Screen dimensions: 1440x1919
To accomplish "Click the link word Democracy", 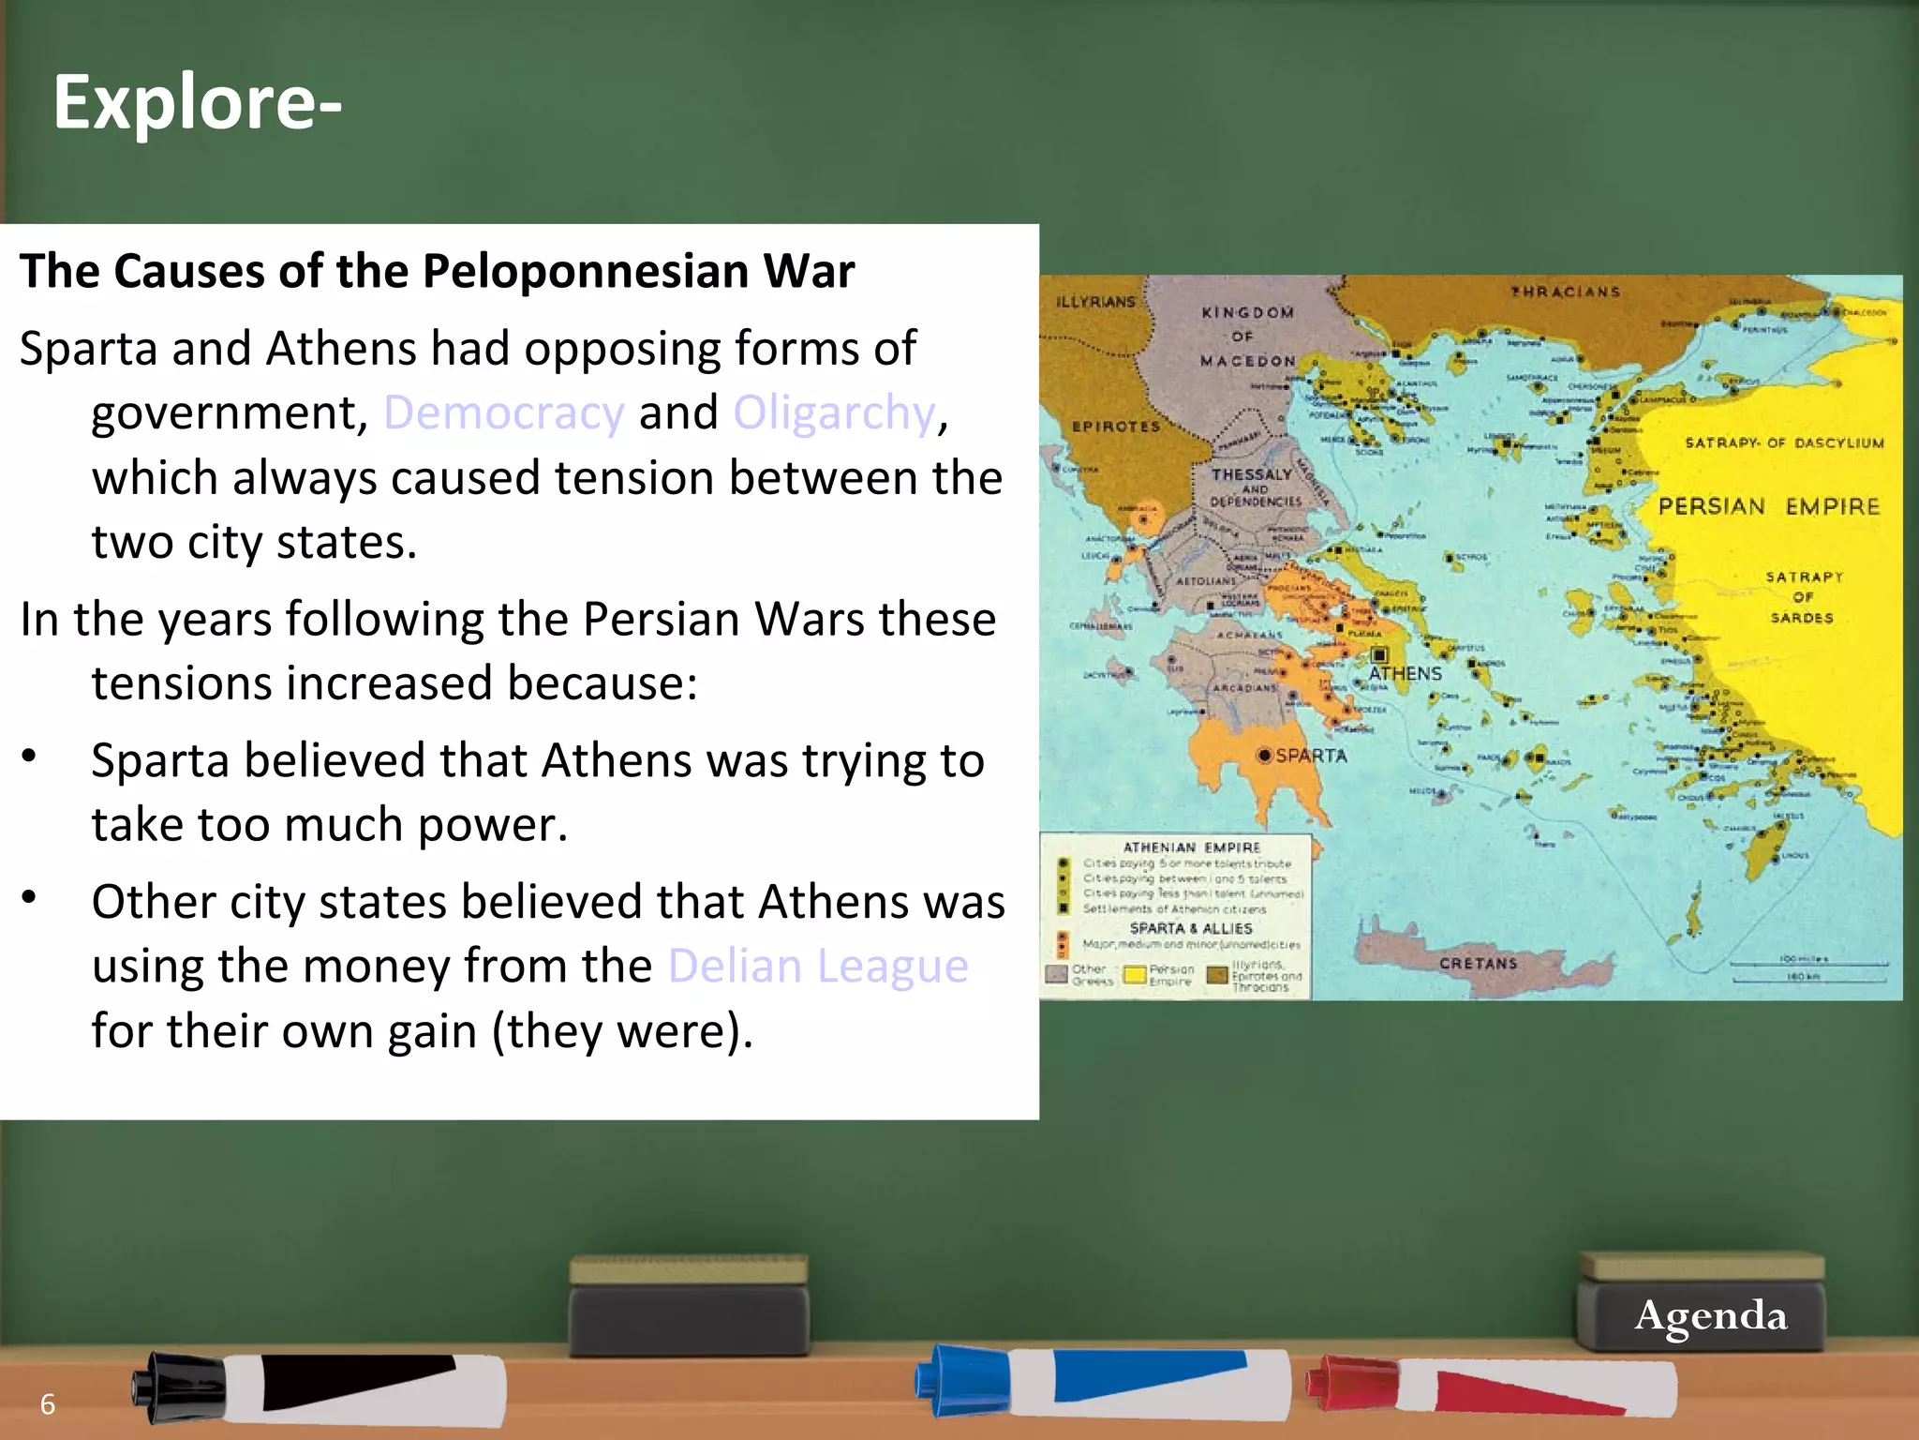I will [504, 412].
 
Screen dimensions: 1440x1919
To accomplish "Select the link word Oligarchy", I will [834, 412].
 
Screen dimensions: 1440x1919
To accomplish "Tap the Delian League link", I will [818, 966].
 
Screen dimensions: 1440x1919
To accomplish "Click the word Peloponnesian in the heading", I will [586, 272].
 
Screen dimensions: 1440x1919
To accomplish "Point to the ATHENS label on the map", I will [1405, 673].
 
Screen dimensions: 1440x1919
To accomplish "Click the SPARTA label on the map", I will [1311, 756].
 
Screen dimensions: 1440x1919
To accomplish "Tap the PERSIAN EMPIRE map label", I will [1768, 507].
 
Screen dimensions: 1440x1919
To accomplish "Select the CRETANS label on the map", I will [1478, 963].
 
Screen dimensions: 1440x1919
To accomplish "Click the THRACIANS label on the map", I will [1565, 292].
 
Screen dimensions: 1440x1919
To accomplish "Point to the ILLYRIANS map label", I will [1095, 302].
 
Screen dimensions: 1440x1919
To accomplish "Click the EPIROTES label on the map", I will [1116, 427].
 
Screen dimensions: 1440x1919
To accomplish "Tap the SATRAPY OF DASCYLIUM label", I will [1784, 442].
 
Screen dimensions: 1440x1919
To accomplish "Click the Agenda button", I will [1710, 1315].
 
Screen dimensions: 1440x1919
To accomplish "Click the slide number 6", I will [48, 1403].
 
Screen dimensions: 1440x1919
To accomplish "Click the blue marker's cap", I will [961, 1379].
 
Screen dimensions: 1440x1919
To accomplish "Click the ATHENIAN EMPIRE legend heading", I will [1191, 847].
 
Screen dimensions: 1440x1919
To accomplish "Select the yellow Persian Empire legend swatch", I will [1135, 975].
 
